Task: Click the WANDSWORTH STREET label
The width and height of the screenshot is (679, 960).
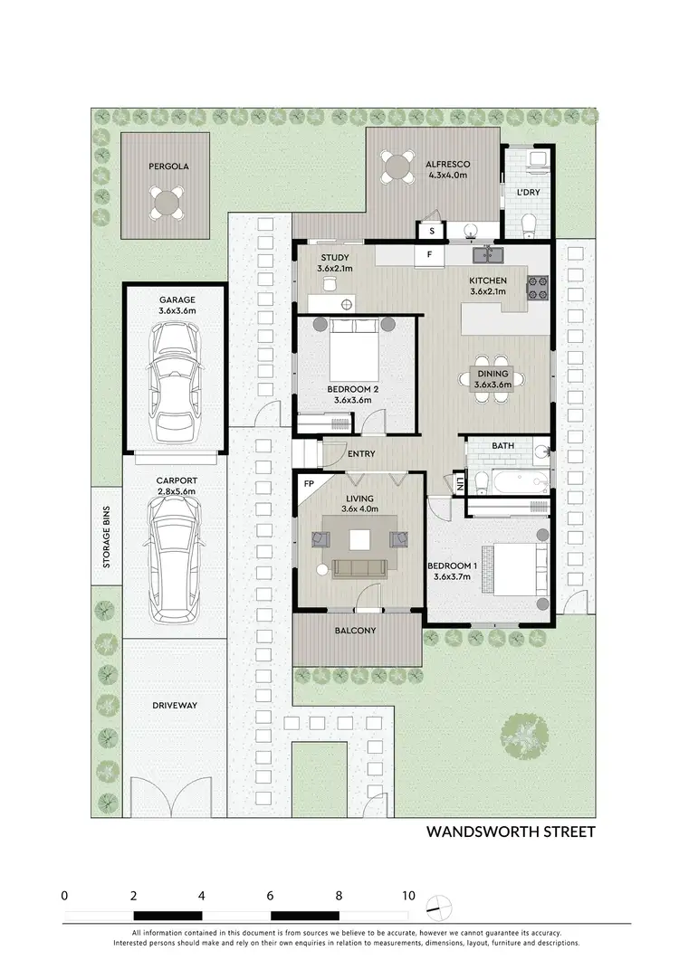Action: [x=510, y=832]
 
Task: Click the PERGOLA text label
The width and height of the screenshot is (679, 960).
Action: [x=167, y=166]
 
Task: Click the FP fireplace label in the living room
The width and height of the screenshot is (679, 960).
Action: [x=309, y=484]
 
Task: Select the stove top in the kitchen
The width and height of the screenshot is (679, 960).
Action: [x=539, y=287]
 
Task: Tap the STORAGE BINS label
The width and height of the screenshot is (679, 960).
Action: [x=106, y=536]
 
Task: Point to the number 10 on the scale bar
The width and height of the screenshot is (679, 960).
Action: [x=408, y=895]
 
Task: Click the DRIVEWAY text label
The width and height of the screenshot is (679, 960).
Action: [x=175, y=705]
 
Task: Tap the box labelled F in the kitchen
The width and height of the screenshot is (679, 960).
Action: [x=430, y=256]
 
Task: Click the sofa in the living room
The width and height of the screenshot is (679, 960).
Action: [x=360, y=567]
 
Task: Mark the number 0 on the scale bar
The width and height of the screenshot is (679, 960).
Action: [x=64, y=895]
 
